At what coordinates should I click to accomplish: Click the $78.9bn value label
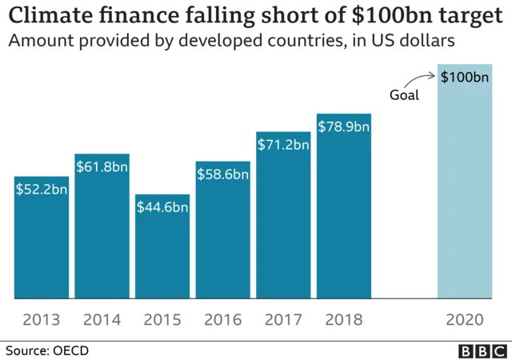tap(344, 126)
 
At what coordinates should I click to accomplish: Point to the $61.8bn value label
tap(102, 166)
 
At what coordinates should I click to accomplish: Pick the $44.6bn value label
tap(162, 207)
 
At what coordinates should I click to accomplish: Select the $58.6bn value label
tap(223, 174)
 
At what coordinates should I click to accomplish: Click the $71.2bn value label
tap(283, 145)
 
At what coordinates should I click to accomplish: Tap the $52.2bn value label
tap(42, 189)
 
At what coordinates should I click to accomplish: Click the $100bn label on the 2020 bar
tap(465, 78)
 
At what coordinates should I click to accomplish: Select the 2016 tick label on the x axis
tap(223, 320)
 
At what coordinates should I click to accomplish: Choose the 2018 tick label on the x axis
tap(344, 320)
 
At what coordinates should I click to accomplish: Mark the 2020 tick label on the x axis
tap(465, 320)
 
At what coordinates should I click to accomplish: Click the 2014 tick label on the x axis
tap(102, 320)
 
